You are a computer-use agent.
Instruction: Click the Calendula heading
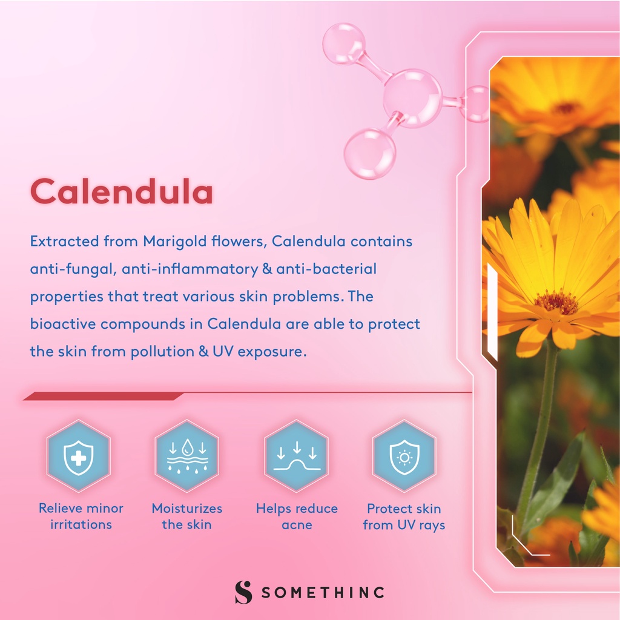tap(122, 191)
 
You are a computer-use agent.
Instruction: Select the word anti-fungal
tap(73, 269)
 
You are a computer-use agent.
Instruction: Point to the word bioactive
tap(62, 324)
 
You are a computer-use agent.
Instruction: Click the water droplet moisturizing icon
tap(187, 456)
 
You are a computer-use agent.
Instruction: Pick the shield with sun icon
tap(404, 457)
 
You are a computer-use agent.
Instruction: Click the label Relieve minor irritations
tap(81, 516)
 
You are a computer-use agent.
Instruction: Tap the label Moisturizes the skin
tap(187, 516)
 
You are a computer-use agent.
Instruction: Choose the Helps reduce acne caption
tap(297, 516)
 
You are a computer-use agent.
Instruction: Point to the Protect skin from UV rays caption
tap(404, 517)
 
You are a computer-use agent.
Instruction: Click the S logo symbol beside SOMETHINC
tap(243, 592)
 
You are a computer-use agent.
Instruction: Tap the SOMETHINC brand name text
tap(323, 592)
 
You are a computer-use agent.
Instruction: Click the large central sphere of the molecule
tap(412, 99)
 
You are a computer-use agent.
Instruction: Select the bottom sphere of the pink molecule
tap(370, 153)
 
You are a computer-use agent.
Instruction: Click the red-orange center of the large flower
tap(556, 303)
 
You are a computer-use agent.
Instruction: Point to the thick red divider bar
tap(104, 396)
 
